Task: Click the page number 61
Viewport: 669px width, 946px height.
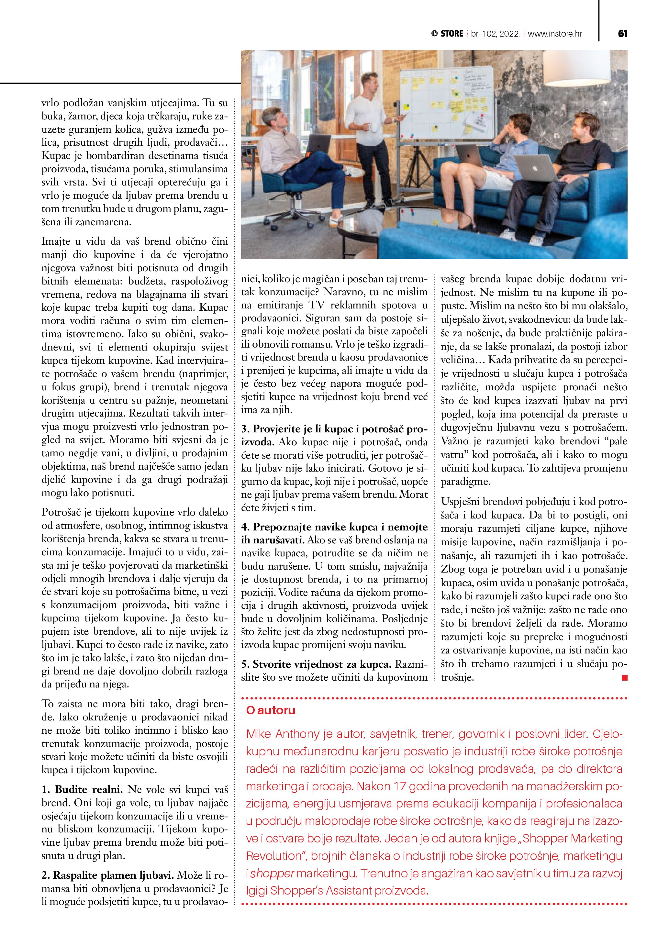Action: pyautogui.click(x=622, y=34)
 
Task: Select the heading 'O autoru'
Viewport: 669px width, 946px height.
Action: pyautogui.click(x=271, y=710)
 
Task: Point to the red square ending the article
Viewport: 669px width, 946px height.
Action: pyautogui.click(x=625, y=677)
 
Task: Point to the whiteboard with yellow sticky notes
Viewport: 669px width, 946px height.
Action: pyautogui.click(x=447, y=103)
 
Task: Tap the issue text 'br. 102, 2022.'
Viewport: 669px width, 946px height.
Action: pyautogui.click(x=495, y=34)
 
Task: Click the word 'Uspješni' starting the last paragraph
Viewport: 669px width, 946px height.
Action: pyautogui.click(x=460, y=502)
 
